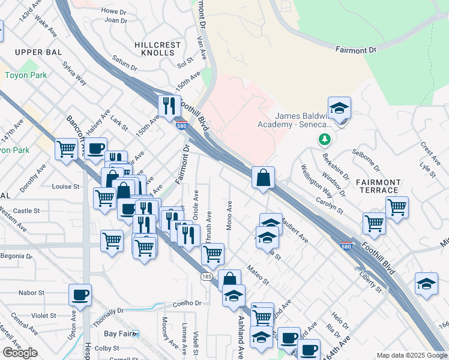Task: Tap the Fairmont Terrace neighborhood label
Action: [x=377, y=186]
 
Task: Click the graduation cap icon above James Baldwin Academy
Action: [x=339, y=109]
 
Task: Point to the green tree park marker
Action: [x=325, y=140]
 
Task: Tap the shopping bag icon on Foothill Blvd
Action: [x=263, y=178]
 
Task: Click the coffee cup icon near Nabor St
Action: [x=80, y=295]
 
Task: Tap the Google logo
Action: [x=20, y=353]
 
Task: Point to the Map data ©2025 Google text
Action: [x=412, y=355]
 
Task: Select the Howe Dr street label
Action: [x=113, y=11]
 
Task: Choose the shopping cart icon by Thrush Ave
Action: [x=212, y=254]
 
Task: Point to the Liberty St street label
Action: [x=370, y=281]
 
